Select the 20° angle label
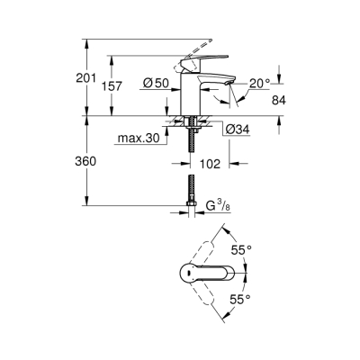(x=258, y=82)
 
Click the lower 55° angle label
(x=239, y=297)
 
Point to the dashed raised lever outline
(x=203, y=44)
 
